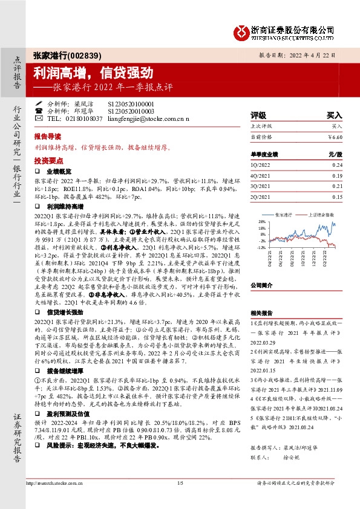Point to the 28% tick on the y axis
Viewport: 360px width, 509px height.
click(x=261, y=222)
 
